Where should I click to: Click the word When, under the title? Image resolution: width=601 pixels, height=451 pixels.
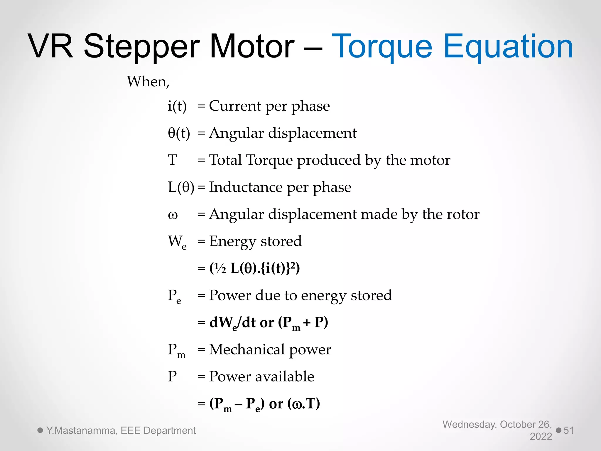point(148,82)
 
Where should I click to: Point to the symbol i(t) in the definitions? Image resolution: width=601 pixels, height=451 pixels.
point(177,106)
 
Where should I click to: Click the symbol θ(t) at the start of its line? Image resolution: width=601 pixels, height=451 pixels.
point(179,133)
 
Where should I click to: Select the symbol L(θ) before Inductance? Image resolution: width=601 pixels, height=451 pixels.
point(181,187)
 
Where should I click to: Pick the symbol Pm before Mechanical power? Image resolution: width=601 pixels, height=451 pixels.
point(176,350)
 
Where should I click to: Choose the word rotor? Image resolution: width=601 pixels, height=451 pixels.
point(463,214)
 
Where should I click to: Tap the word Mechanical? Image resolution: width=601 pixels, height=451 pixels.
point(247,350)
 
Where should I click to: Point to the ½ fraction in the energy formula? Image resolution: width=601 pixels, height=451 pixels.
point(220,268)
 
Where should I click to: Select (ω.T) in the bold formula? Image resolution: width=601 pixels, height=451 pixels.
point(303,404)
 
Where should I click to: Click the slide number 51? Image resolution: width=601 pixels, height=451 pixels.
point(568,430)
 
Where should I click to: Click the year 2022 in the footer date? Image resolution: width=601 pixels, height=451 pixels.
point(541,437)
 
